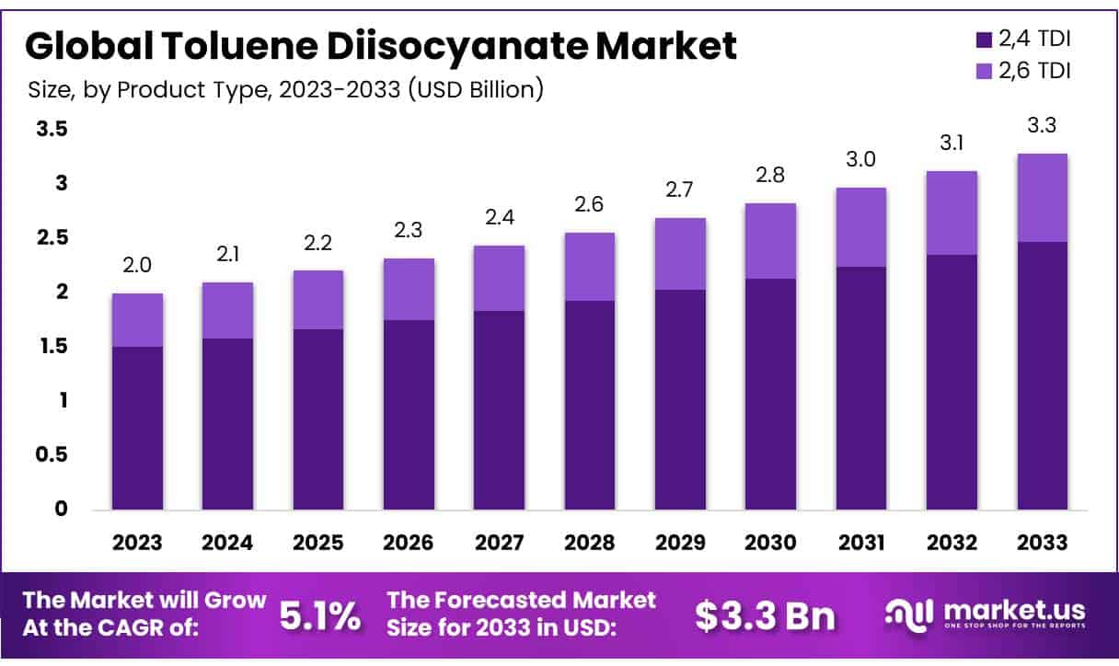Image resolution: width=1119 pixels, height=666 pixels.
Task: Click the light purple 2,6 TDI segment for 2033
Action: pyautogui.click(x=1042, y=197)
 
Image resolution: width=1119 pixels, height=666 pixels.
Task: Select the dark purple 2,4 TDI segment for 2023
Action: pyautogui.click(x=137, y=428)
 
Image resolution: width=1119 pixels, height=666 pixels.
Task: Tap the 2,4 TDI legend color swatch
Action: pyautogui.click(x=982, y=40)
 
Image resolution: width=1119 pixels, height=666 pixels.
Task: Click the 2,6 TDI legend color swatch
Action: pyautogui.click(x=982, y=70)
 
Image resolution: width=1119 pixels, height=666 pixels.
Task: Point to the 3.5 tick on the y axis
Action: pyautogui.click(x=52, y=130)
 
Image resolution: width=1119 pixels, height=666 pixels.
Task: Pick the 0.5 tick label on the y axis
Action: pyautogui.click(x=52, y=454)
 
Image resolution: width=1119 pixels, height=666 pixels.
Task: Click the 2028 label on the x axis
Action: pyautogui.click(x=590, y=543)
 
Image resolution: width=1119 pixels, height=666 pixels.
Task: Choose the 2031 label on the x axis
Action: pyautogui.click(x=860, y=543)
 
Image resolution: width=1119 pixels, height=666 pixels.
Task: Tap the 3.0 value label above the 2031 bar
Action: pyautogui.click(x=860, y=160)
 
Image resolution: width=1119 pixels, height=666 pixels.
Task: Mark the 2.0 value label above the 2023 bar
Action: pyautogui.click(x=137, y=266)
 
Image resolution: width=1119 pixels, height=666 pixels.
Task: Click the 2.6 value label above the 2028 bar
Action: pyautogui.click(x=590, y=205)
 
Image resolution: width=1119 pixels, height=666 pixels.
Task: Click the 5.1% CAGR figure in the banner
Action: pyautogui.click(x=319, y=616)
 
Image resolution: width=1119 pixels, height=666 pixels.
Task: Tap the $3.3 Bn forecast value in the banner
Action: pyautogui.click(x=766, y=616)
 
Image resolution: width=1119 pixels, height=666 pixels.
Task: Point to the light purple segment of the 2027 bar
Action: pyautogui.click(x=500, y=278)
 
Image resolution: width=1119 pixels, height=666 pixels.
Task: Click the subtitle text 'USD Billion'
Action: pyautogui.click(x=479, y=90)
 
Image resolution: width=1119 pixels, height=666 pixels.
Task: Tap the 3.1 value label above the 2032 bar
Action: pyautogui.click(x=952, y=144)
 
